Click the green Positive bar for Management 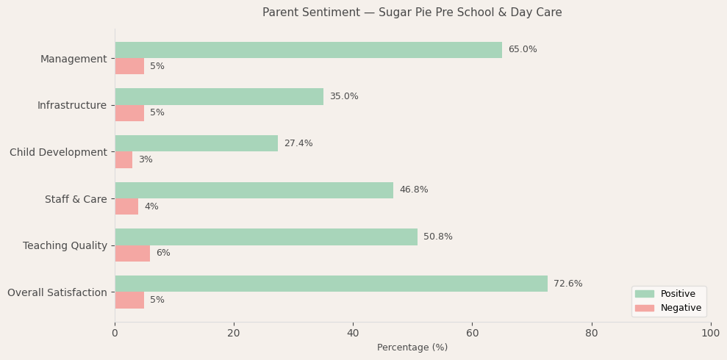[x=308, y=50]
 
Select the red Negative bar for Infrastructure [x=129, y=113]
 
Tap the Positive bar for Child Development [x=196, y=143]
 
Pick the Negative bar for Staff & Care [x=126, y=206]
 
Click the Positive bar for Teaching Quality [x=266, y=237]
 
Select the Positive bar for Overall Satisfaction [x=331, y=284]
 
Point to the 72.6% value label [x=567, y=284]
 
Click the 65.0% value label [x=522, y=50]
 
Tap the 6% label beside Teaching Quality [x=162, y=253]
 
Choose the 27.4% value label [x=298, y=143]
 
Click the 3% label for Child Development [x=146, y=160]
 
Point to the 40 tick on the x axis [x=353, y=334]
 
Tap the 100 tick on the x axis [x=710, y=334]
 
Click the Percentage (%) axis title [x=412, y=348]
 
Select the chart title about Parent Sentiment [x=412, y=12]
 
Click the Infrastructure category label [x=72, y=106]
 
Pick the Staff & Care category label [x=76, y=199]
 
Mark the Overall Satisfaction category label [x=57, y=292]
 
